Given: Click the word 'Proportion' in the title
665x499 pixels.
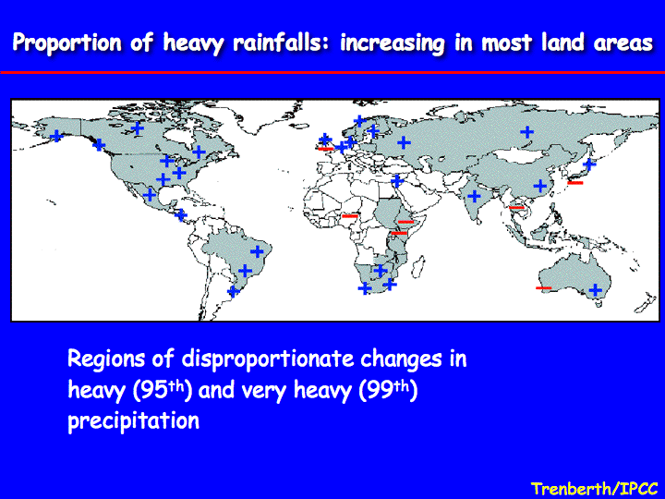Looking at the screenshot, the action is click(66, 43).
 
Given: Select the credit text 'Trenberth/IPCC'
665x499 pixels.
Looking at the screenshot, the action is click(594, 488).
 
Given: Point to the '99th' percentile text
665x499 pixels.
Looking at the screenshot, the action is click(388, 390).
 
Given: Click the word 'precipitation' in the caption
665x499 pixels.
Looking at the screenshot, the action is click(134, 420).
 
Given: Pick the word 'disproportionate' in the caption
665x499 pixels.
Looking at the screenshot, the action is click(268, 359).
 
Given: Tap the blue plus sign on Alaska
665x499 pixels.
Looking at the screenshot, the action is click(56, 136).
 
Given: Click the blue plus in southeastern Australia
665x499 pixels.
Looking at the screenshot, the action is click(596, 290).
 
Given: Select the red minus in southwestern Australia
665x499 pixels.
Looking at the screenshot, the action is click(543, 288).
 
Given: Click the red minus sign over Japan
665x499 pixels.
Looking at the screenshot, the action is click(575, 182).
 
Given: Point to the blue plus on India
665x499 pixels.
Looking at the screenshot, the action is click(474, 196).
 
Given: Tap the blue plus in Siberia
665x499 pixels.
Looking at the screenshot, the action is click(526, 132).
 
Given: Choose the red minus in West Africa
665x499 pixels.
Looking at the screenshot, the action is click(350, 216).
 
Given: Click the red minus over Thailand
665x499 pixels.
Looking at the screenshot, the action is click(516, 208).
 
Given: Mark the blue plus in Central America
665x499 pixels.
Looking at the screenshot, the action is click(181, 214).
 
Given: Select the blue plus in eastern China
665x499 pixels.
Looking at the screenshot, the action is click(540, 186).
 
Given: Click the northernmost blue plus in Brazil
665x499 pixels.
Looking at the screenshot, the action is click(257, 251).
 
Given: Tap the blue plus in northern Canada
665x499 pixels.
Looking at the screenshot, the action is click(137, 128).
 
